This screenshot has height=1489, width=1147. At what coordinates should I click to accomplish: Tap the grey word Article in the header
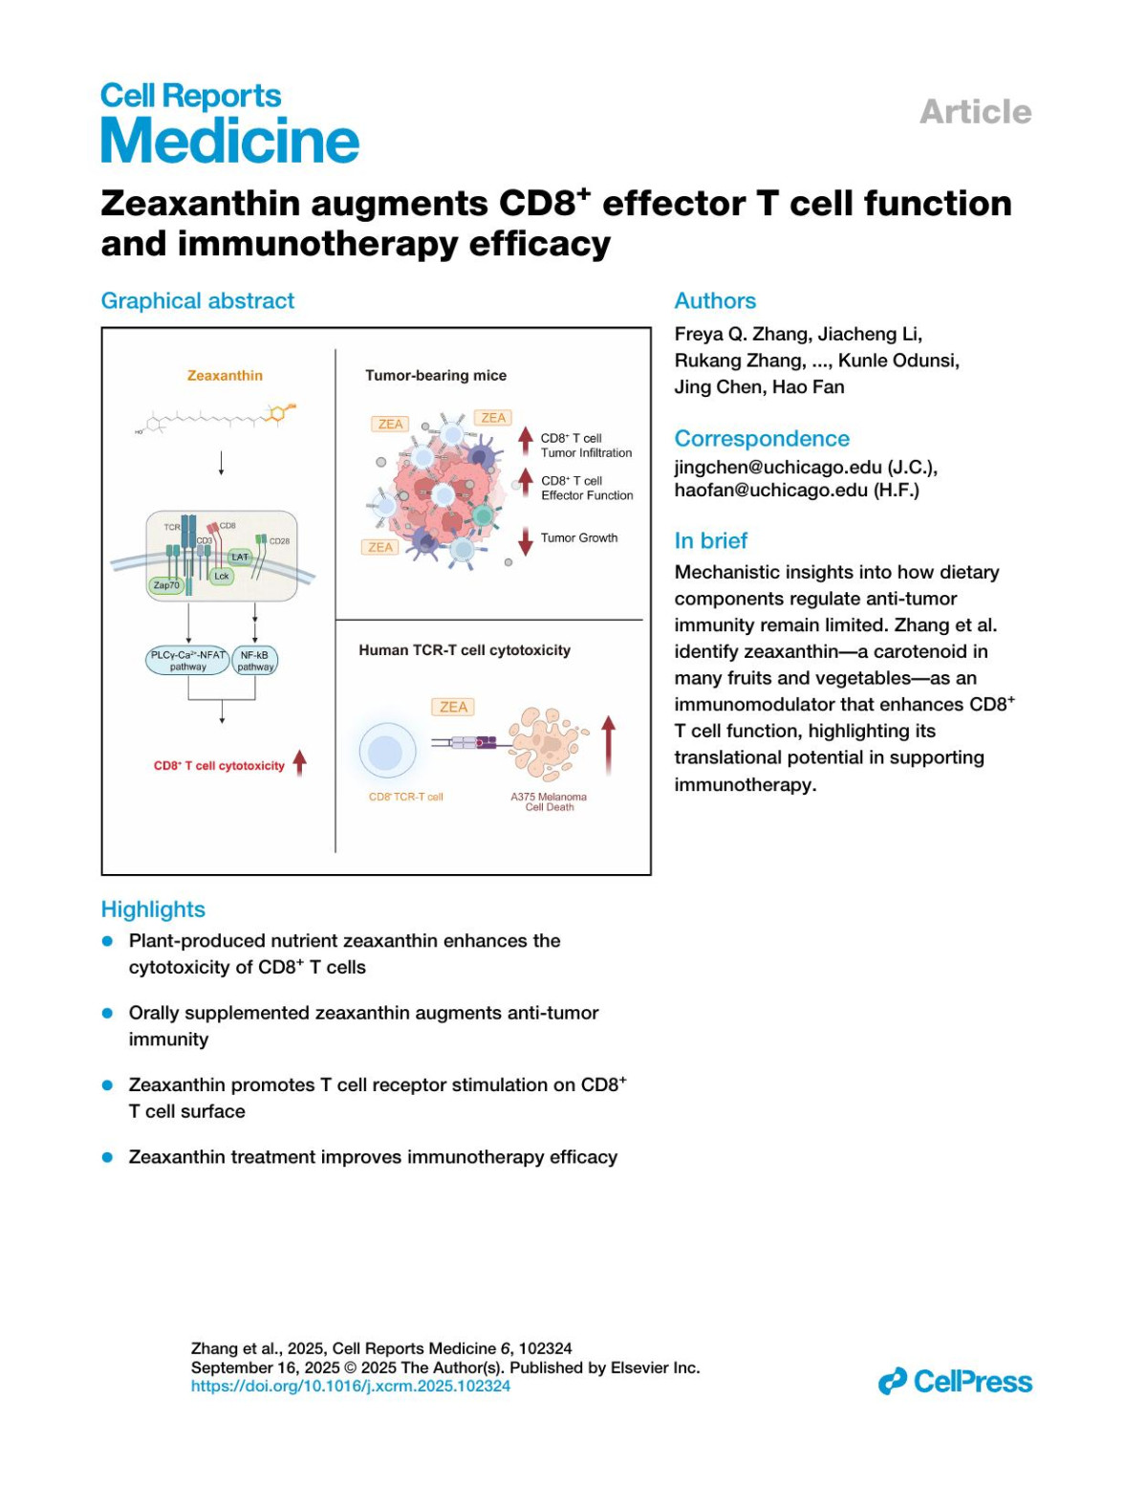click(975, 112)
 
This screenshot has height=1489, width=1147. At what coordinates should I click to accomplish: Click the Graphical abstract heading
click(198, 300)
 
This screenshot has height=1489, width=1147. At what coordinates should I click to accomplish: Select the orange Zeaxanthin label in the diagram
click(225, 376)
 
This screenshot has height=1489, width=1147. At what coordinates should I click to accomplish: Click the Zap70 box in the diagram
click(166, 585)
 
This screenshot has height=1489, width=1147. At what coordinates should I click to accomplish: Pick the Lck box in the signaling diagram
click(222, 576)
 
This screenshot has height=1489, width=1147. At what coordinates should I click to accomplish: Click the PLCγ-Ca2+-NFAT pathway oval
click(188, 661)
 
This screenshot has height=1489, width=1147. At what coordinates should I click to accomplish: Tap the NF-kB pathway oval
click(255, 661)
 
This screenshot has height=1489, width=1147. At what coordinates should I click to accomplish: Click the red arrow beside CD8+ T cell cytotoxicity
click(300, 763)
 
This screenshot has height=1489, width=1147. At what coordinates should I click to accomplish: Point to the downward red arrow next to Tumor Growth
click(526, 541)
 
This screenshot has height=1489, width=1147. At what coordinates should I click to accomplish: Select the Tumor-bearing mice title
click(436, 376)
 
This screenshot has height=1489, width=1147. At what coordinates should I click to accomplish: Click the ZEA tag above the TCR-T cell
click(453, 707)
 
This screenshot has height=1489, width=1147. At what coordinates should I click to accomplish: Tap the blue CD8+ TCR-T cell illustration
click(387, 752)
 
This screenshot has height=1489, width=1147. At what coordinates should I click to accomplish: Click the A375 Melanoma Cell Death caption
click(549, 801)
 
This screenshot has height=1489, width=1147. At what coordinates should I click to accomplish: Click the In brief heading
click(710, 540)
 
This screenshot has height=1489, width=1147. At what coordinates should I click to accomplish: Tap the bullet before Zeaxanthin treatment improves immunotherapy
click(108, 1157)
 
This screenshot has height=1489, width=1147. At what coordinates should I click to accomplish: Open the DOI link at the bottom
click(350, 1386)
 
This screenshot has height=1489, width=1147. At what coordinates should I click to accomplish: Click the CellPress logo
click(955, 1382)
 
